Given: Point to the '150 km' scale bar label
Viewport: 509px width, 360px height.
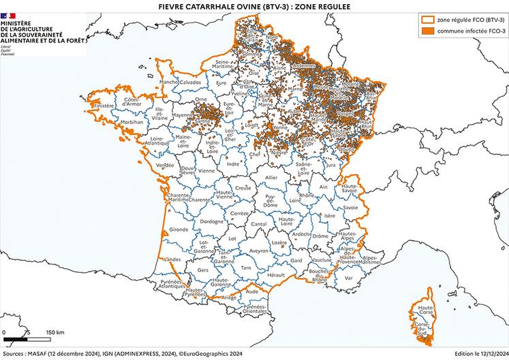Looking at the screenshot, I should click(x=55, y=332).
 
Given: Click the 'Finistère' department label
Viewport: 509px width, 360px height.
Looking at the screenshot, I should click(x=104, y=106).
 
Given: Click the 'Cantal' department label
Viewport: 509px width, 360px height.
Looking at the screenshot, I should click(x=259, y=224).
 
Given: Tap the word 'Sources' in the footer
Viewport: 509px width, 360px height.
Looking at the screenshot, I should click(x=15, y=354).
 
